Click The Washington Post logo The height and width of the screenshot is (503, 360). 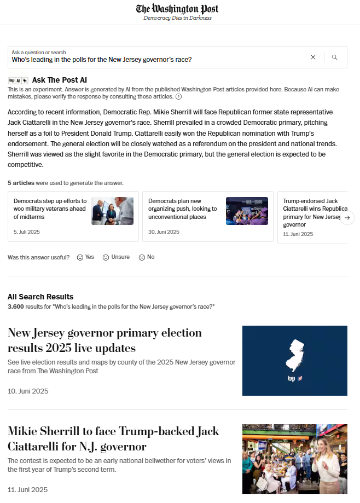coord(177,9)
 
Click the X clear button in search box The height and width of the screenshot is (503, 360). coord(313,57)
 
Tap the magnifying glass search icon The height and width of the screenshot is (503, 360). coord(335,57)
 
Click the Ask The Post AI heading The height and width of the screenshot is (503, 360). coord(59,80)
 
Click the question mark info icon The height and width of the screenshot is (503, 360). coord(178,97)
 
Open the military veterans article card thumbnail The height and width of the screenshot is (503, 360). coord(112,211)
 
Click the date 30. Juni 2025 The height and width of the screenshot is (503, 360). coord(164,232)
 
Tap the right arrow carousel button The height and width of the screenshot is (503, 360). coord(347,217)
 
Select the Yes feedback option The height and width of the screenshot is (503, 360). coord(85,257)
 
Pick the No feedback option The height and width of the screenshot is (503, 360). coord(147,257)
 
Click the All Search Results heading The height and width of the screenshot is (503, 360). coord(40,297)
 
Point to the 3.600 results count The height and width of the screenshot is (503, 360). coord(16,307)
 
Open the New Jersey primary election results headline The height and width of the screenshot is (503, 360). coord(104,340)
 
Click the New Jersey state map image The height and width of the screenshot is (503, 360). coord(295,360)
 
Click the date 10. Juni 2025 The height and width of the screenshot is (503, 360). coord(28,391)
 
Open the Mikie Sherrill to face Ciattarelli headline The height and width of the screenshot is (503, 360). coord(113,438)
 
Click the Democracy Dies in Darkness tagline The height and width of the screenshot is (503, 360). coord(177,18)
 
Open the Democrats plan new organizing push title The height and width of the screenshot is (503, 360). coord(183,209)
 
